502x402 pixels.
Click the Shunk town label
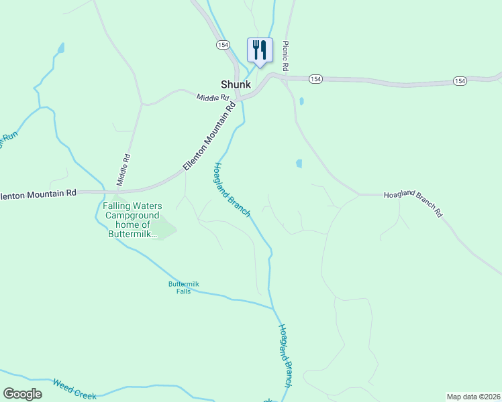(x=236, y=85)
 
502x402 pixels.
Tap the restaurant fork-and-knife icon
(x=260, y=50)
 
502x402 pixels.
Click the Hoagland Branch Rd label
(x=413, y=204)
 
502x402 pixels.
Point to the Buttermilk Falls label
(x=184, y=287)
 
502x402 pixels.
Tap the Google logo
(x=22, y=394)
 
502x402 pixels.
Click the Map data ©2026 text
(x=473, y=397)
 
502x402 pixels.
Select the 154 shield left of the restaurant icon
(x=223, y=44)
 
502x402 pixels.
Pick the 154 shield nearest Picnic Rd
(x=315, y=79)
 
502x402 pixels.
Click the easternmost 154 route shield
(x=459, y=80)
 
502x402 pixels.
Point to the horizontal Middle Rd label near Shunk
(x=212, y=98)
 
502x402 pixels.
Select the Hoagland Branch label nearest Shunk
(x=232, y=190)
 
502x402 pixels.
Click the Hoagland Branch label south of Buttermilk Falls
(x=285, y=356)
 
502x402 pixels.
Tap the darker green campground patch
(x=163, y=230)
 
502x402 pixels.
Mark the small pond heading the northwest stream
(x=61, y=48)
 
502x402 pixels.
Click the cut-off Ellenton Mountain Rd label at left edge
(x=38, y=194)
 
